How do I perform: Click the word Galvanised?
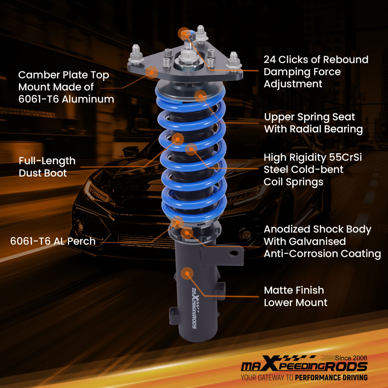pyautogui.click(x=317, y=241)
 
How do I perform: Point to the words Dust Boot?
pyautogui.click(x=43, y=173)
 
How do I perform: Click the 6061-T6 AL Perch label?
pyautogui.click(x=53, y=241)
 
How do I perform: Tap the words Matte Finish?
pyautogui.click(x=294, y=290)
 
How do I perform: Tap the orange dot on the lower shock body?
pyautogui.click(x=187, y=273)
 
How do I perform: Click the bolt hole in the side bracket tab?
pyautogui.click(x=233, y=253)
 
